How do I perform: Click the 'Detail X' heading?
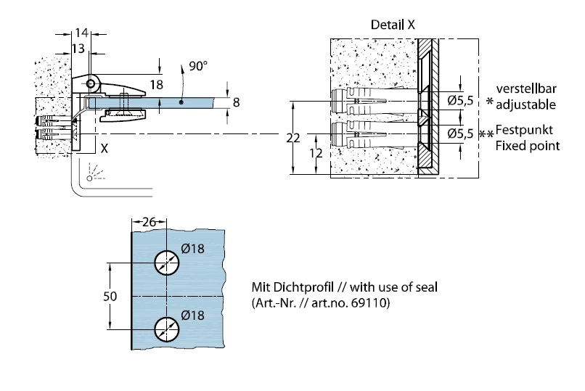click(x=393, y=24)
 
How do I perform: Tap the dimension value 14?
click(x=81, y=33)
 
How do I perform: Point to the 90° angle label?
click(x=197, y=66)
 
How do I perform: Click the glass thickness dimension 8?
click(x=236, y=103)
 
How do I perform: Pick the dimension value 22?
click(x=292, y=139)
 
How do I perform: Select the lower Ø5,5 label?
click(x=460, y=133)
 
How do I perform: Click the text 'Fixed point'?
click(x=527, y=146)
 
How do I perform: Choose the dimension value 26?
click(x=149, y=223)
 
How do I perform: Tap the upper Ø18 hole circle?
click(x=166, y=263)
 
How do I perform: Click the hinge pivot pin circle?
click(x=91, y=84)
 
